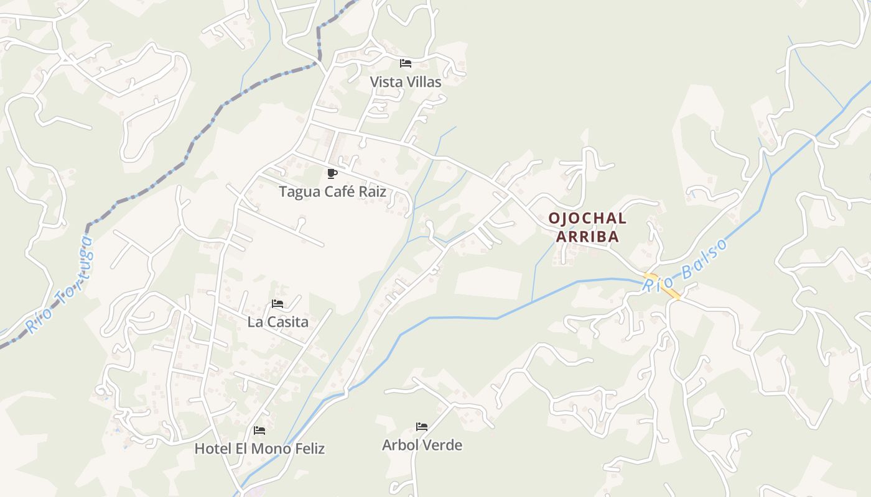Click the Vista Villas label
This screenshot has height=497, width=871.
coord(406,82)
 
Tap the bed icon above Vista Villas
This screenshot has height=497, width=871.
coord(406,63)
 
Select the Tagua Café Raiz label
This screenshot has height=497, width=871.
coord(332,192)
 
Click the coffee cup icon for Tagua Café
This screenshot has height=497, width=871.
coord(332,173)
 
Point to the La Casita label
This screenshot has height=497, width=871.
coord(277,322)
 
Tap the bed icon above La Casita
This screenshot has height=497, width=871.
coord(277,304)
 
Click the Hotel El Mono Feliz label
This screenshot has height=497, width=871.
coord(259,449)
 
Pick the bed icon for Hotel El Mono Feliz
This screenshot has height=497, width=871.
coord(259,430)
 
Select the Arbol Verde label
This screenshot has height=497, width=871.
coord(422,445)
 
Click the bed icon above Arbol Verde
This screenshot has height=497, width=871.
coord(422,427)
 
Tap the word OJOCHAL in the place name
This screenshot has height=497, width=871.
coord(587,219)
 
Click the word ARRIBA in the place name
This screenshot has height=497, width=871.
coord(587,237)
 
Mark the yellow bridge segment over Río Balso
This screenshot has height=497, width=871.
coord(662,286)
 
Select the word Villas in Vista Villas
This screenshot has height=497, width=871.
coord(422,82)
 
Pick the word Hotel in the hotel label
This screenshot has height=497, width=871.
coord(212,449)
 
